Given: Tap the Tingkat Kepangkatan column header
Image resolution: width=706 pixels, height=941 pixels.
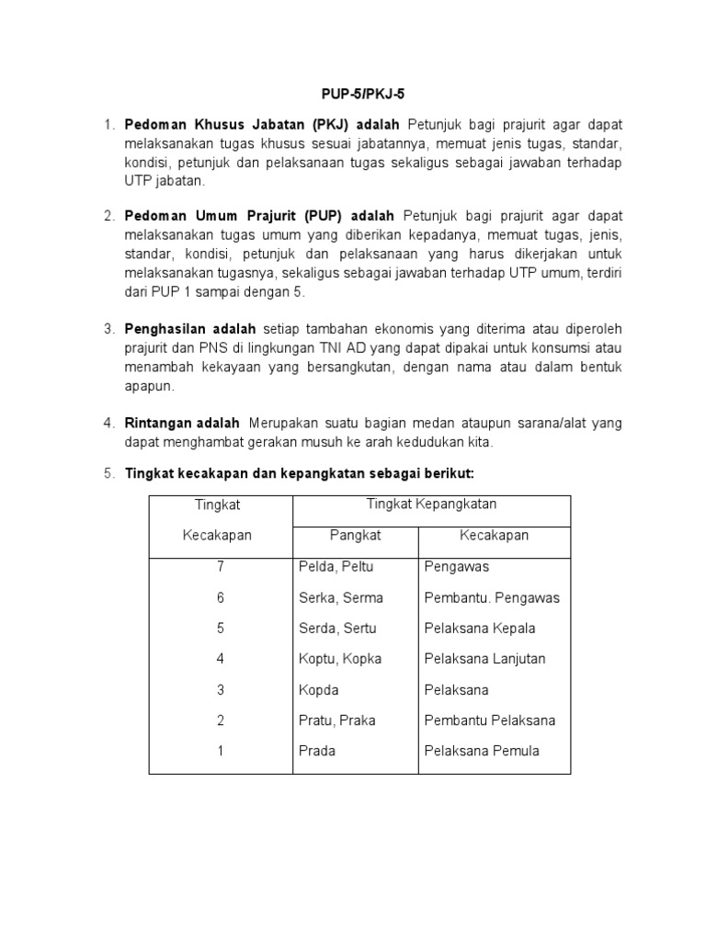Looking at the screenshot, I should point(431,505).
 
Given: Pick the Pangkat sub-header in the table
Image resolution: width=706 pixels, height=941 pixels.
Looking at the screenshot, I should point(355,536).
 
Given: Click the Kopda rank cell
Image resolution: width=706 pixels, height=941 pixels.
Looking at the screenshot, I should point(317,689).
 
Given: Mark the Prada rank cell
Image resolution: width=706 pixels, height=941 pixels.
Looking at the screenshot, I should point(317,751).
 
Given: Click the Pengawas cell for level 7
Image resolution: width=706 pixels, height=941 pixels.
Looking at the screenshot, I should point(457,567).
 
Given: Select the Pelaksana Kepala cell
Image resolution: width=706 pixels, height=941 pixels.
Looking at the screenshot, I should point(480,629).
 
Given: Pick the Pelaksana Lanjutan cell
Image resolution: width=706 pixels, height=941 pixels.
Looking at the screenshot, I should point(484,659).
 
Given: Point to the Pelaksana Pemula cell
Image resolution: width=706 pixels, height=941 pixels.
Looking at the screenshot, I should point(482,751).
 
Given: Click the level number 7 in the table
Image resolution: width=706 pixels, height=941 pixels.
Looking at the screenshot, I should point(221,567).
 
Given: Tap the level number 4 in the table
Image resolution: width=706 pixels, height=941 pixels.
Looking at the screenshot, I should point(221,659).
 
